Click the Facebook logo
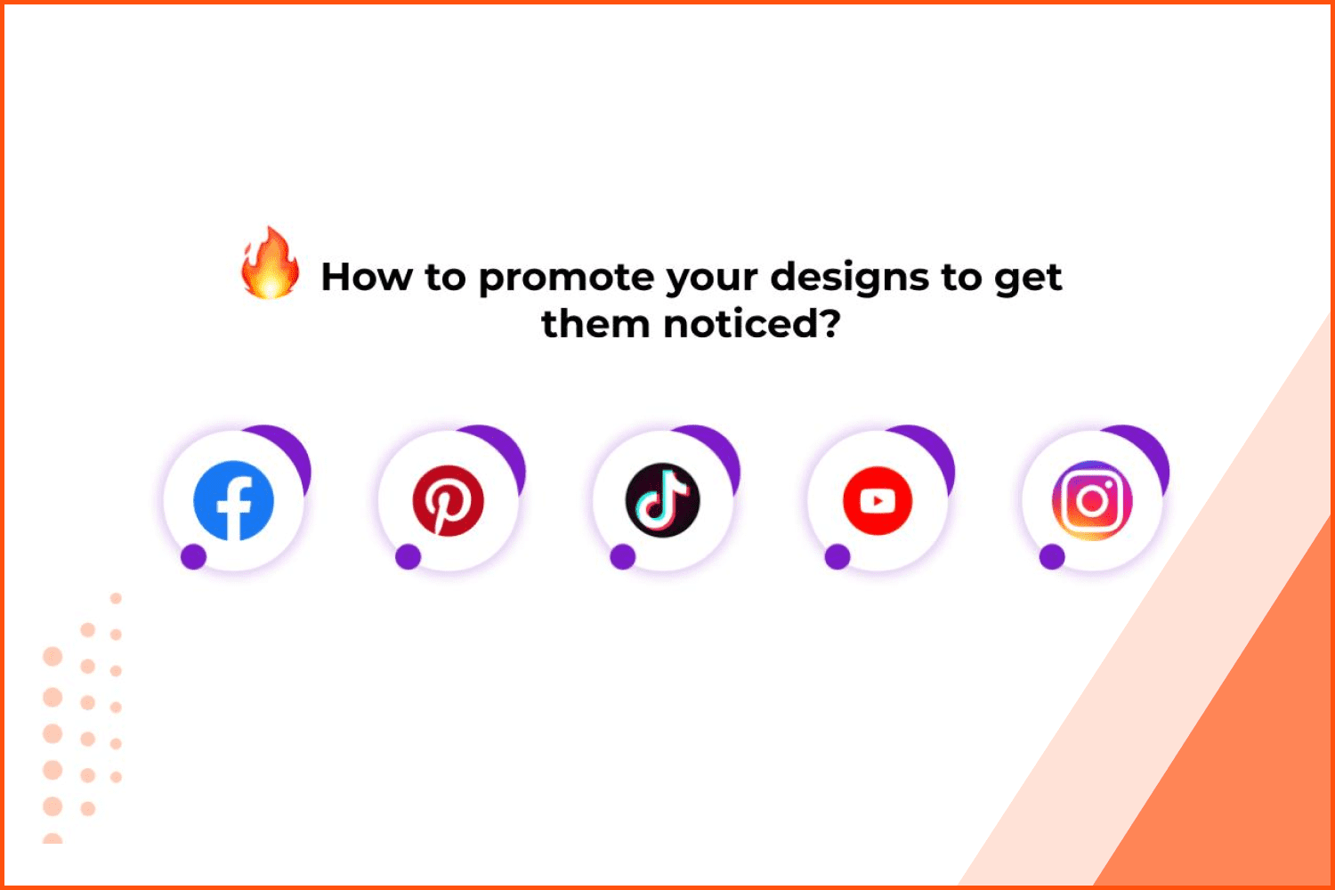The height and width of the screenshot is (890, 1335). pyautogui.click(x=233, y=501)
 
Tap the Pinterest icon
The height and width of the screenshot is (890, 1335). pyautogui.click(x=449, y=501)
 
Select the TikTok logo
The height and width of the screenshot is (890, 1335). pyautogui.click(x=663, y=500)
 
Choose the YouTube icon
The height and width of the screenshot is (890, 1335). pyautogui.click(x=878, y=501)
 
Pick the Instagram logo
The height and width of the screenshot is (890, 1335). pyautogui.click(x=1092, y=501)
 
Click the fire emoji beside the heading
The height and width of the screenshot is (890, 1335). pyautogui.click(x=270, y=263)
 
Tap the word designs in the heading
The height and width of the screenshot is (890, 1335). pyautogui.click(x=849, y=278)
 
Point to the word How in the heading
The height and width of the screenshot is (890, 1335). pyautogui.click(x=367, y=277)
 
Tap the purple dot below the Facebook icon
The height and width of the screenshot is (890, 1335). pyautogui.click(x=194, y=557)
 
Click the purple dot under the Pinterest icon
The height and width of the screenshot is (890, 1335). pyautogui.click(x=409, y=557)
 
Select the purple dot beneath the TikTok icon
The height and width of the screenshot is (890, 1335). pyautogui.click(x=623, y=557)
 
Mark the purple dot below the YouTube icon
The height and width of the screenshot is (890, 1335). pyautogui.click(x=837, y=557)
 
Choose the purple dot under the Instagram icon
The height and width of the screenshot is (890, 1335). pyautogui.click(x=1052, y=557)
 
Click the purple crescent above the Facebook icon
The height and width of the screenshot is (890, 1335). pyautogui.click(x=292, y=447)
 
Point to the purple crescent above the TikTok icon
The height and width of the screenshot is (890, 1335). pyautogui.click(x=721, y=447)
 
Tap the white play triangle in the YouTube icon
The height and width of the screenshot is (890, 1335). pyautogui.click(x=878, y=501)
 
